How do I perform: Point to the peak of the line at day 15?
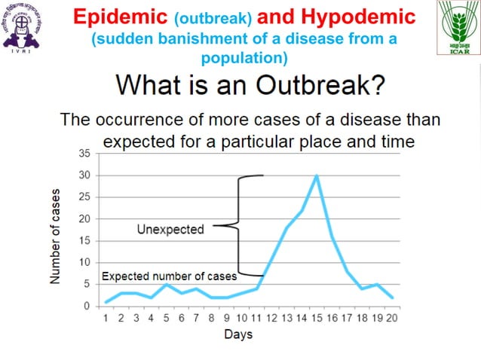(x=317, y=175)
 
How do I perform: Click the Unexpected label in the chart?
(x=170, y=228)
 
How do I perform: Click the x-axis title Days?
(x=238, y=334)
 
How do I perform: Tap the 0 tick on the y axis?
(x=87, y=307)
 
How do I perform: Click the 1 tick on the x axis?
(x=106, y=318)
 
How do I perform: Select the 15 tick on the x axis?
(x=317, y=318)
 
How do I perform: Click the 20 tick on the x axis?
(x=391, y=318)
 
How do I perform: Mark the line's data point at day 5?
(x=167, y=284)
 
